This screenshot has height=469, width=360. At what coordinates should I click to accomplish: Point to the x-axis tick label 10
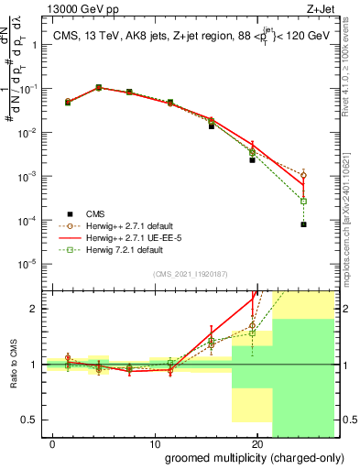tap(157, 443)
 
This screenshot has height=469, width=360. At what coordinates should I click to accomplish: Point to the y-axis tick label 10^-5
tap(30, 264)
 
